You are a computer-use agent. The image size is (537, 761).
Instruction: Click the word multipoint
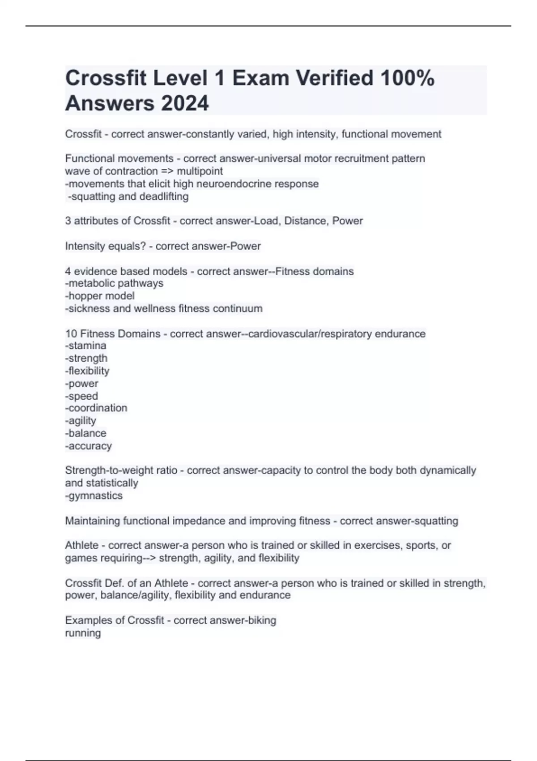[200, 171]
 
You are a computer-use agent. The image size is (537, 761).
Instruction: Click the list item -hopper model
[100, 296]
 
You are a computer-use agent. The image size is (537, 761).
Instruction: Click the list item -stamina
[86, 346]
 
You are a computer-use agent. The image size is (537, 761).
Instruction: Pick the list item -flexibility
[87, 371]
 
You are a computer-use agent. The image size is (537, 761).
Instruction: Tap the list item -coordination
[96, 408]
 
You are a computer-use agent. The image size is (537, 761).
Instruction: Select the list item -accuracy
[89, 446]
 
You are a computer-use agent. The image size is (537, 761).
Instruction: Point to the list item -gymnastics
[94, 496]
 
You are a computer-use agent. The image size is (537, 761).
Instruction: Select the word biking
[262, 620]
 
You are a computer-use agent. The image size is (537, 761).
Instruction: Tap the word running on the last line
[83, 633]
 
